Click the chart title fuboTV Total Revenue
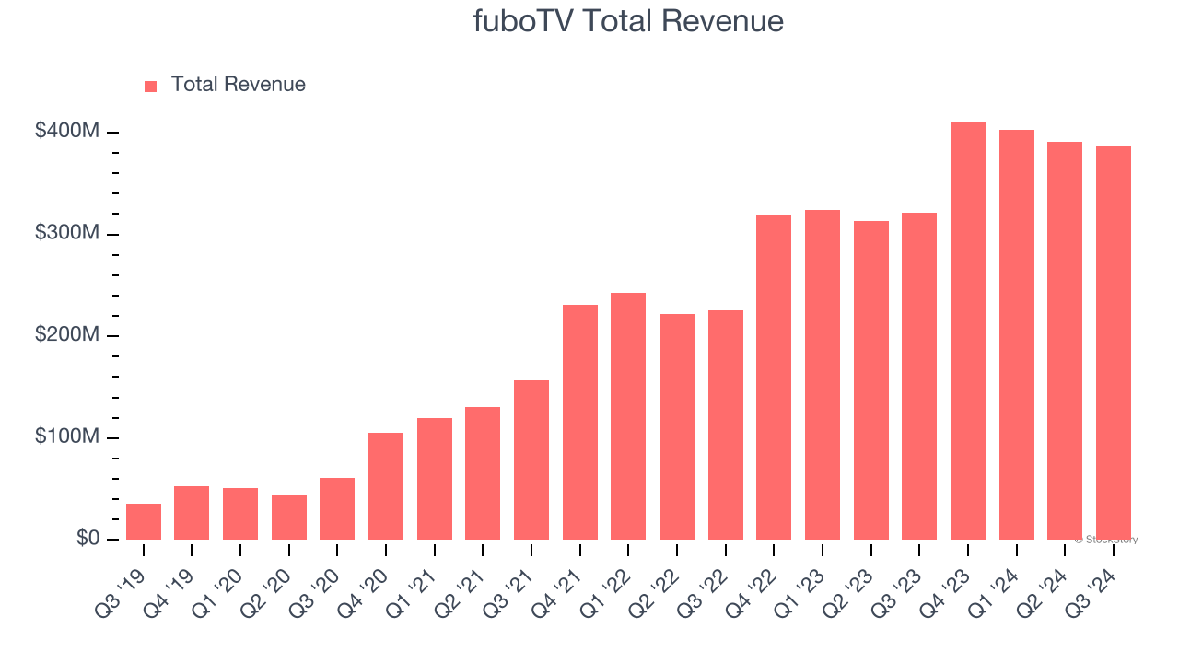point(628,21)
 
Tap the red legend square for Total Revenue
point(151,86)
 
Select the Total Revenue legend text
point(238,85)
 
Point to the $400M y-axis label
point(66,132)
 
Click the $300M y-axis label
point(66,234)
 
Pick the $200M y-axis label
point(66,335)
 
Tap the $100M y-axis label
point(66,436)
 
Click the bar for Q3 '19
point(144,521)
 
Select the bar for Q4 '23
point(968,331)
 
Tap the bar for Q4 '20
point(386,486)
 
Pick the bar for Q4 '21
point(580,422)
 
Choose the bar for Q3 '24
point(1114,343)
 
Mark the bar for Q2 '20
point(289,518)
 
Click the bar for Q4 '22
point(774,378)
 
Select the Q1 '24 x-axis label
point(998,580)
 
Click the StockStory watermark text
point(1106,540)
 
